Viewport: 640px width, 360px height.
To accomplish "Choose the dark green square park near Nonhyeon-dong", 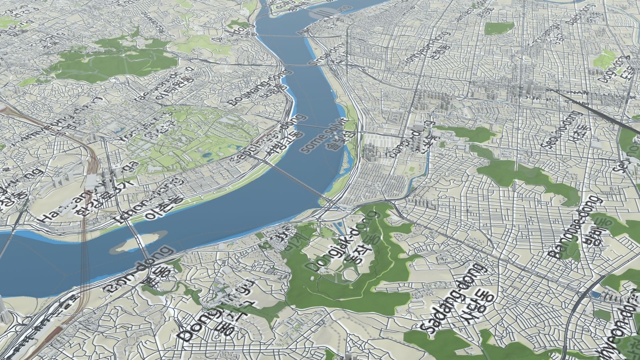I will click(499, 29).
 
